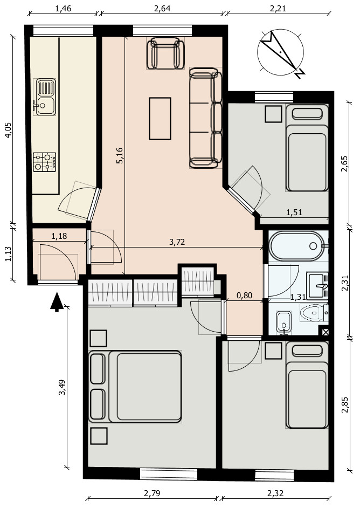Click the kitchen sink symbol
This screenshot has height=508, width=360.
pyautogui.click(x=45, y=97)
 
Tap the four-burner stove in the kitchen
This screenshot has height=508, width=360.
pyautogui.click(x=44, y=162)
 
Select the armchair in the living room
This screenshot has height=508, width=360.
pyautogui.click(x=165, y=53)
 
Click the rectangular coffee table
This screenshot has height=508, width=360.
pyautogui.click(x=160, y=119)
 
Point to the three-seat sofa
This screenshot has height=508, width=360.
pyautogui.click(x=205, y=118)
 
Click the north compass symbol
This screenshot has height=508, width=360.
pyautogui.click(x=281, y=53)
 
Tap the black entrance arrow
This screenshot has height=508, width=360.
pyautogui.click(x=57, y=301)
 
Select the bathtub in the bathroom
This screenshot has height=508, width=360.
pyautogui.click(x=297, y=246)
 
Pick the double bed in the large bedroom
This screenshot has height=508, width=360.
pyautogui.click(x=135, y=387)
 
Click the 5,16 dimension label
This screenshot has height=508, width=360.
pyautogui.click(x=120, y=155)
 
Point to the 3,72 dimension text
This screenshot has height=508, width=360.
pyautogui.click(x=177, y=242)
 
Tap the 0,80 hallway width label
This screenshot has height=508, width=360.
pyautogui.click(x=245, y=296)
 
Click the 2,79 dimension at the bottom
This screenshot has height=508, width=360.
pyautogui.click(x=152, y=493)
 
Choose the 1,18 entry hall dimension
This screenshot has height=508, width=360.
pyautogui.click(x=59, y=236)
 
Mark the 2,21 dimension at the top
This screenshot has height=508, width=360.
pyautogui.click(x=278, y=9)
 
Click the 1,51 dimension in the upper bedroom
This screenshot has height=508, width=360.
pyautogui.click(x=294, y=212)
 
